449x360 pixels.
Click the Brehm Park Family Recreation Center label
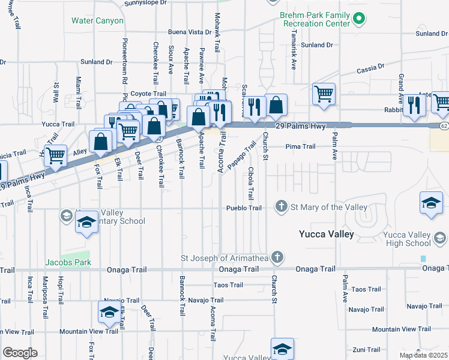point(315,19)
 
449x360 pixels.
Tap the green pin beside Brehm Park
point(359,19)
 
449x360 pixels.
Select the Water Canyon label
point(97,20)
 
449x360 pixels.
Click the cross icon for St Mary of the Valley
point(281,207)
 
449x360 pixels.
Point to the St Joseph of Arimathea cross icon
point(276,258)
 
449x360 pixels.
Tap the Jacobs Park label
point(68,262)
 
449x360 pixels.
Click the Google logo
point(20,353)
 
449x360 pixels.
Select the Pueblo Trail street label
point(244,208)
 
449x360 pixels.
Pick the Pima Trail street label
point(300,146)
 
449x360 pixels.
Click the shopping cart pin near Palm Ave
point(324,94)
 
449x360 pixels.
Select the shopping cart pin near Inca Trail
point(55,155)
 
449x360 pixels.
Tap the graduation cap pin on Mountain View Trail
point(109,312)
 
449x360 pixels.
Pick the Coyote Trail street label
point(148,94)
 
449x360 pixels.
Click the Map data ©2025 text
point(423,355)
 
